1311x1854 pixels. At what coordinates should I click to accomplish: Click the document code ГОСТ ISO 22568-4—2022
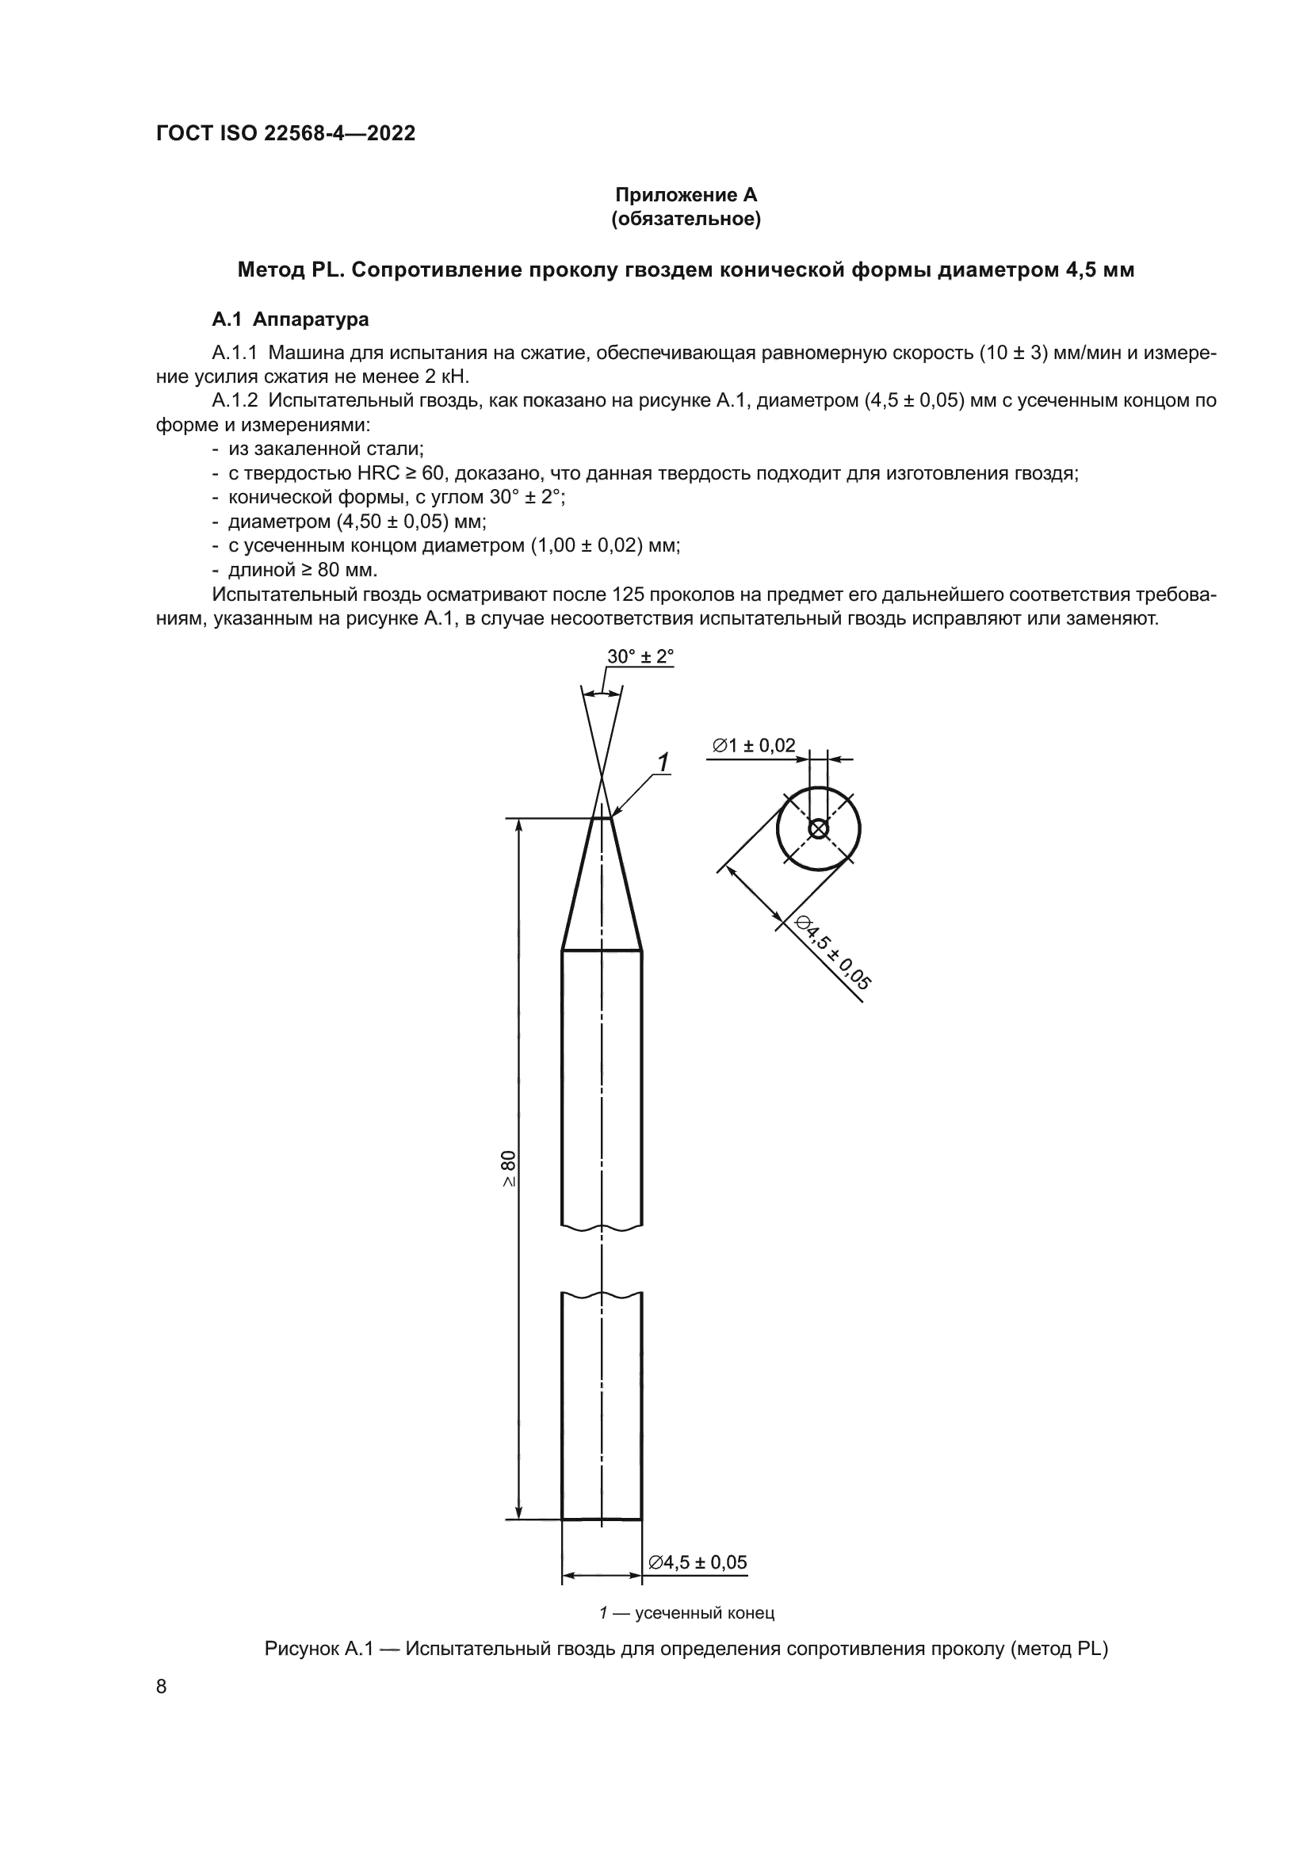click(285, 133)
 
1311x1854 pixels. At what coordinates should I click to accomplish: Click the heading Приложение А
click(686, 195)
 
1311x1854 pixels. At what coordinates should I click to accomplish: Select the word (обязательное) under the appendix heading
click(686, 220)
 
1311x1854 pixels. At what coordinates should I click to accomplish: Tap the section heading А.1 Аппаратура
click(290, 319)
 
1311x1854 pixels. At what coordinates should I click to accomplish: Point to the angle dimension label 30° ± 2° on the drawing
click(640, 656)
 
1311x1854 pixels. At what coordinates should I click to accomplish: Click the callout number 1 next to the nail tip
click(663, 762)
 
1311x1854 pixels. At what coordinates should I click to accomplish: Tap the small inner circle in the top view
click(818, 828)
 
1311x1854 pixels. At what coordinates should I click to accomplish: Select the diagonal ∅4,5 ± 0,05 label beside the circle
click(832, 954)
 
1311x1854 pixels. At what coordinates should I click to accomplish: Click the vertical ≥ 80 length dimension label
click(508, 1168)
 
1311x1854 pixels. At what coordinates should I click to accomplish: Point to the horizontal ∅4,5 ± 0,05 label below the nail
click(698, 1562)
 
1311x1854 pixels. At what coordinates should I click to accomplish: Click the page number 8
click(161, 1686)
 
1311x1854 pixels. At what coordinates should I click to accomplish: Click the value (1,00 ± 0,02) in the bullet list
click(585, 546)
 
